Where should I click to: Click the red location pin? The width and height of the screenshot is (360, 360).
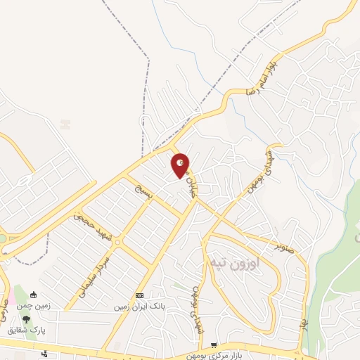point(181,165)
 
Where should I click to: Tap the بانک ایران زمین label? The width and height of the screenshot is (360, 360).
point(139,307)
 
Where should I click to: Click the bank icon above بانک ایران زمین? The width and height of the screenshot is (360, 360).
point(139,296)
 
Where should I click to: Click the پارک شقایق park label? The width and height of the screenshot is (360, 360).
point(26,330)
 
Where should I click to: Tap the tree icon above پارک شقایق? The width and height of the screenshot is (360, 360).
point(26,319)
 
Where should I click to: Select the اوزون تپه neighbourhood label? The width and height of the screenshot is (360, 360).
point(234,262)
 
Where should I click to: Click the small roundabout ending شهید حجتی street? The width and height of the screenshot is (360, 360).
point(117,243)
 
